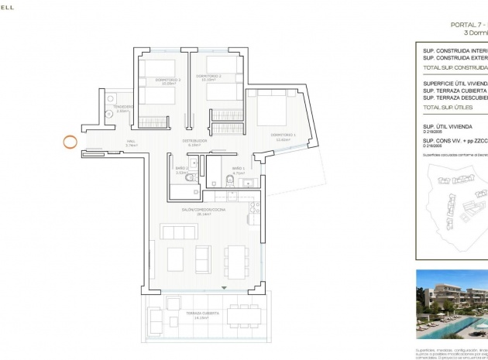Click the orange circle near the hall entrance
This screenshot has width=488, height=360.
70,142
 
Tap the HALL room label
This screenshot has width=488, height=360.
131,142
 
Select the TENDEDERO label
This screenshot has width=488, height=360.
124,108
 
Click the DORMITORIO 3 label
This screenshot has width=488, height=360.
168,79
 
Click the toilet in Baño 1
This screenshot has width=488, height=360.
229,181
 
